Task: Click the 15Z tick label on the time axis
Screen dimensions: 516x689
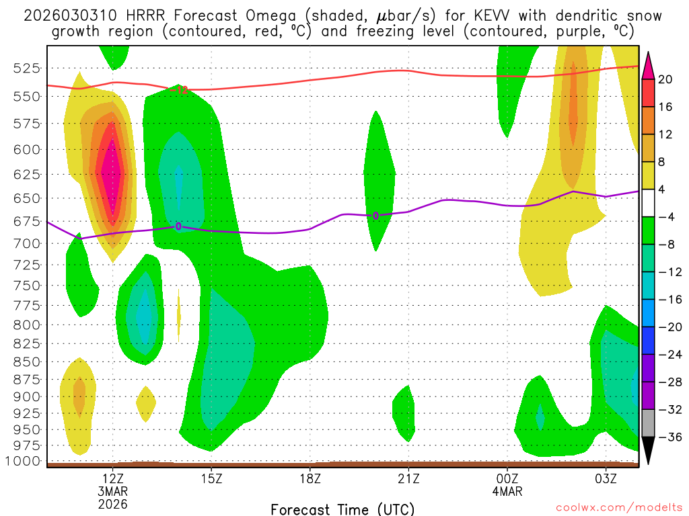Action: pyautogui.click(x=211, y=478)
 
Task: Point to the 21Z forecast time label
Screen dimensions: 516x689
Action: pyautogui.click(x=408, y=478)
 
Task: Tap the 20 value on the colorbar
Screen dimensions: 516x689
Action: pyautogui.click(x=666, y=79)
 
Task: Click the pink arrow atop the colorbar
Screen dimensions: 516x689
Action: pyautogui.click(x=648, y=65)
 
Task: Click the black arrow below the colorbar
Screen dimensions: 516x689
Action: pyautogui.click(x=648, y=450)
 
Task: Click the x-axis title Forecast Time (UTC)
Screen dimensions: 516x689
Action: pyautogui.click(x=342, y=509)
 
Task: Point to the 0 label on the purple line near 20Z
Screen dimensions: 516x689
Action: pyautogui.click(x=375, y=216)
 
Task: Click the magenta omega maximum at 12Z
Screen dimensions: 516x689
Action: pyautogui.click(x=111, y=171)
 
